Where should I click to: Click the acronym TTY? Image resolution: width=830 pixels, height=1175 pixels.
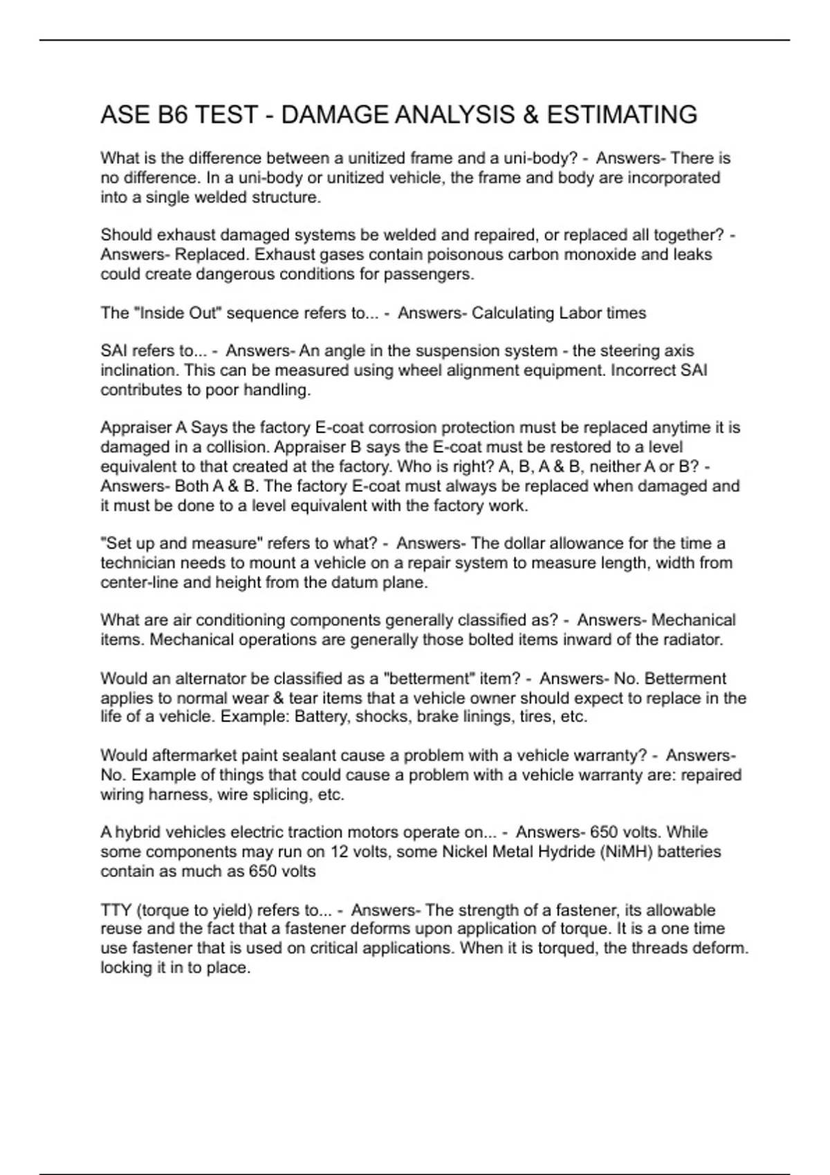(x=116, y=910)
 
